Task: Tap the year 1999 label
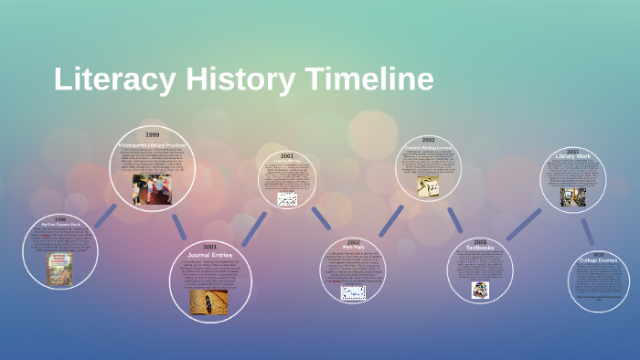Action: pos(152,135)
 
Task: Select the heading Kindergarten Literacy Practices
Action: pos(152,144)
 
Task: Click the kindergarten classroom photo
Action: pos(152,189)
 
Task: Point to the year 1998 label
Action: pos(59,218)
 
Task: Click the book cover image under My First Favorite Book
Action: pos(60,269)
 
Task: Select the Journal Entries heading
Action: pos(209,254)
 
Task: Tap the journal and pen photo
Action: pos(209,302)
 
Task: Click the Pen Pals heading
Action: pos(354,247)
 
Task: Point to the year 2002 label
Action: pos(354,240)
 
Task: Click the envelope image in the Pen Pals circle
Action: pos(354,292)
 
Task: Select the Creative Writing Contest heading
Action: pos(428,147)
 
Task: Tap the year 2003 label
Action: pos(428,140)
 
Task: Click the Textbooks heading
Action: pos(480,248)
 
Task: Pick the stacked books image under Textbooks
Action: pos(480,290)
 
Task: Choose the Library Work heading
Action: pos(573,156)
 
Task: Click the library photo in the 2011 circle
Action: pos(573,196)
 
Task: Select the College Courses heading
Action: pos(598,261)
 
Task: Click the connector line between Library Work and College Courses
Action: pos(587,231)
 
